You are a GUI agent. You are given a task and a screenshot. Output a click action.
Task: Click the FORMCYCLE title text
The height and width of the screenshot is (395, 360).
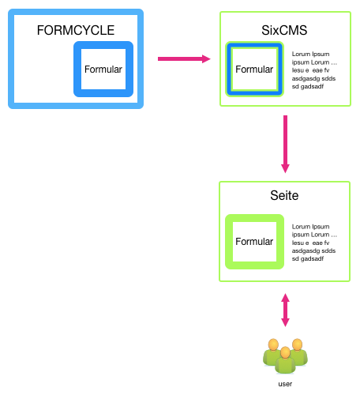point(76,30)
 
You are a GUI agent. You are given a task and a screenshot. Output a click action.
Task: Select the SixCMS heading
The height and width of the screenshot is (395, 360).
point(284,30)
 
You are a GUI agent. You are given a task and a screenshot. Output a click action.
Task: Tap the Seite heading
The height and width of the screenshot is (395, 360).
point(284,195)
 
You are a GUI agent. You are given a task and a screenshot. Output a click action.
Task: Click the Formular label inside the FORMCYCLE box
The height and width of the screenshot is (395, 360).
point(103,70)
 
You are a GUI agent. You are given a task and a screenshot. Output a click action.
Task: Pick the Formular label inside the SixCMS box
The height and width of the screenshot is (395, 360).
point(254,70)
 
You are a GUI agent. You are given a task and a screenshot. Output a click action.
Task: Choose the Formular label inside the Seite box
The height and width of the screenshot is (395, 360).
point(254,242)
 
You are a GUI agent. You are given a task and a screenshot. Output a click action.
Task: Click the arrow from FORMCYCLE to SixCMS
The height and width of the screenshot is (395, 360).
point(184,58)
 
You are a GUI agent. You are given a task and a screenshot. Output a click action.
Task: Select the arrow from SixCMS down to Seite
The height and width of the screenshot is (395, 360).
point(285,144)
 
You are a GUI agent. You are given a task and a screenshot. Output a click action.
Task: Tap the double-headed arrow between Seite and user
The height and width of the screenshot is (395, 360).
point(285,310)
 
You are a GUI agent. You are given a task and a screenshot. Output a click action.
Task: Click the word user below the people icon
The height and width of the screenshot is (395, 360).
point(285,384)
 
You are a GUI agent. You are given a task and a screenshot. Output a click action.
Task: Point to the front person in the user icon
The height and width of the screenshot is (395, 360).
point(285,360)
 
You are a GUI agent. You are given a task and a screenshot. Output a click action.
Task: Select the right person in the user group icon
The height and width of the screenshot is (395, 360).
point(299,352)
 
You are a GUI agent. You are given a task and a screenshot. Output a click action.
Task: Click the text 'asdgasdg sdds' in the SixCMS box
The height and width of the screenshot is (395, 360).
point(313,78)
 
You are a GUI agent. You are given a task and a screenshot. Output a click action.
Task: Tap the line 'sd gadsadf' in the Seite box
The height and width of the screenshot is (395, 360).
point(308,258)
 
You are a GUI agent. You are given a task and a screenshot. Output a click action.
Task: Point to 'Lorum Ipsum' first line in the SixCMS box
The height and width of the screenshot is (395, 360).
point(310,54)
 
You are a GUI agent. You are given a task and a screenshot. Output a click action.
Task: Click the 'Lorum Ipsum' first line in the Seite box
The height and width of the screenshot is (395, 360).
point(310,227)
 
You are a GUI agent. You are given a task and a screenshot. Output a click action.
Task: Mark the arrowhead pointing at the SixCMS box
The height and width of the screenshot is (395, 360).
point(206,58)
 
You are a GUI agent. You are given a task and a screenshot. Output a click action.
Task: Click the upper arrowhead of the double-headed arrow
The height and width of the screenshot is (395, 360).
point(285,298)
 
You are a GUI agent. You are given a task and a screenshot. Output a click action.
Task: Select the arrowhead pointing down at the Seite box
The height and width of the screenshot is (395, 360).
point(285,169)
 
